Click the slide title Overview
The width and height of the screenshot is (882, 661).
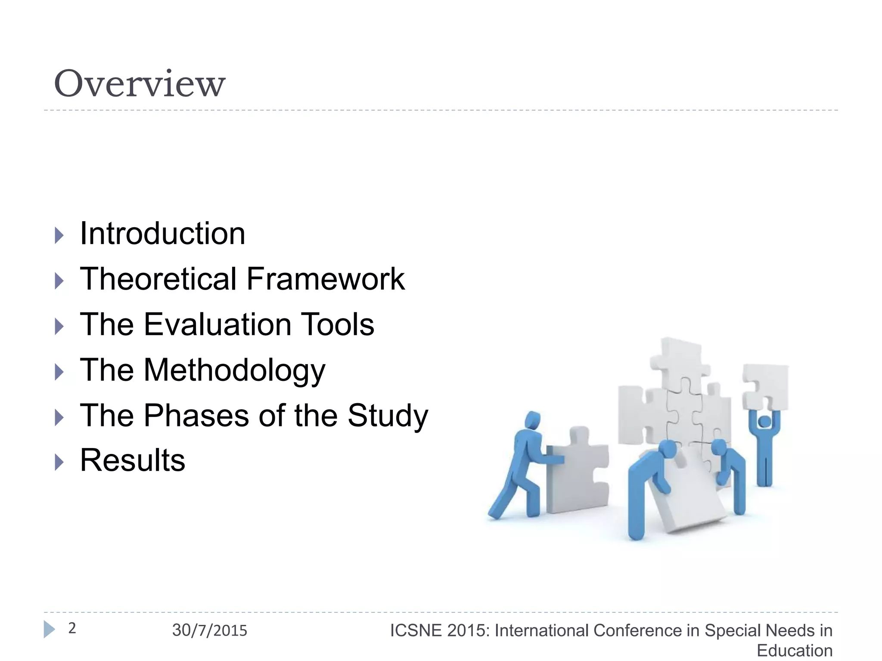pyautogui.click(x=139, y=83)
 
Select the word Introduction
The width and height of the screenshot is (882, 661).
pyautogui.click(x=162, y=234)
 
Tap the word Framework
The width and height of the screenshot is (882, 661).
pyautogui.click(x=325, y=279)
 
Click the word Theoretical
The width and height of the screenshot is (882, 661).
pyautogui.click(x=158, y=279)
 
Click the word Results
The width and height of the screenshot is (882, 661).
pyautogui.click(x=133, y=460)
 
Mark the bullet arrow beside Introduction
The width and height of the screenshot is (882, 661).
pyautogui.click(x=59, y=235)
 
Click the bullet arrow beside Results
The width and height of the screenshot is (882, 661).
pyautogui.click(x=59, y=463)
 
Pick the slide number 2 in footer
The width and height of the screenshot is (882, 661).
pyautogui.click(x=72, y=628)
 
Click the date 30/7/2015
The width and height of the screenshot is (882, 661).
pyautogui.click(x=210, y=630)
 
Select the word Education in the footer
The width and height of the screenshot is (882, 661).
pyautogui.click(x=794, y=650)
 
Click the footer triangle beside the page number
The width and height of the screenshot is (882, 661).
pyautogui.click(x=49, y=630)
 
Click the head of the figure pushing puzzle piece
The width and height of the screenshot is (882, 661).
pyautogui.click(x=533, y=420)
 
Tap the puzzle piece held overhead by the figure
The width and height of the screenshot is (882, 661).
pyautogui.click(x=766, y=386)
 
